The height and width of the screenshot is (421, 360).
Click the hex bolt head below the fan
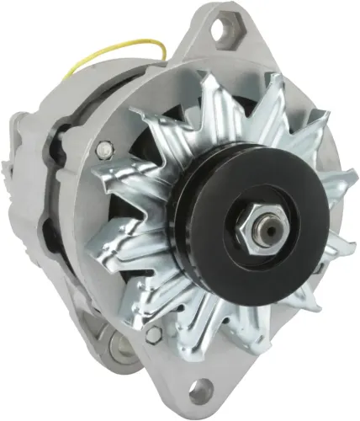click(153, 334)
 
